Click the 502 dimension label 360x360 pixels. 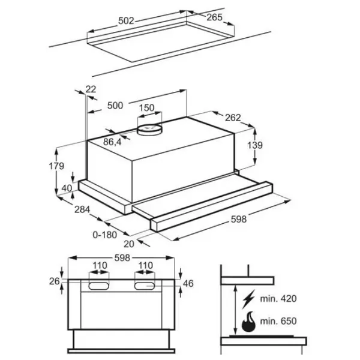(x=126, y=21)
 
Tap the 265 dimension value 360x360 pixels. (x=214, y=17)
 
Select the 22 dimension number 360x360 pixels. (x=91, y=89)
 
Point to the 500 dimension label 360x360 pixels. (x=115, y=106)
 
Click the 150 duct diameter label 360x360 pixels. (x=147, y=107)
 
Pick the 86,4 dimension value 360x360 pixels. (x=112, y=142)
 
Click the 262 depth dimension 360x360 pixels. (x=233, y=118)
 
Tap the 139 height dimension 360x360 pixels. (x=255, y=145)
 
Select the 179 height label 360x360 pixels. (x=56, y=166)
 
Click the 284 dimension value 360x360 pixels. (x=82, y=209)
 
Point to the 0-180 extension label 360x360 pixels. (x=104, y=235)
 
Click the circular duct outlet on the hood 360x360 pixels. (x=149, y=129)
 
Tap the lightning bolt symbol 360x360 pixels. (x=248, y=299)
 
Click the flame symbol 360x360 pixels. (x=248, y=322)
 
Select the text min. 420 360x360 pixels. (x=278, y=299)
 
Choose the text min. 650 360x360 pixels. (x=278, y=321)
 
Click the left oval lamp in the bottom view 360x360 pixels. (x=99, y=286)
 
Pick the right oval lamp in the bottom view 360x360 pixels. (x=145, y=286)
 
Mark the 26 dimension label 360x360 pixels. (x=55, y=281)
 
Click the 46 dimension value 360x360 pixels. (x=188, y=284)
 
